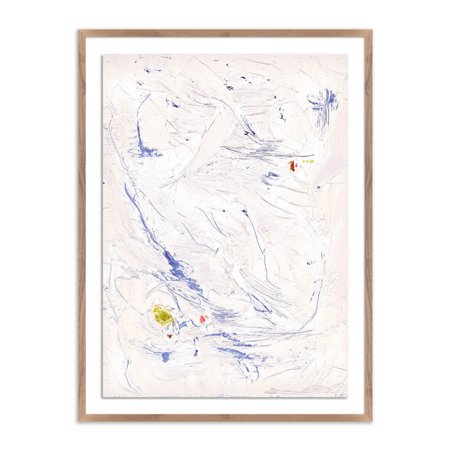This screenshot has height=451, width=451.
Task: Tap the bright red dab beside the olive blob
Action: tap(203, 318)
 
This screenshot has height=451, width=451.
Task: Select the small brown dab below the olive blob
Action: tap(169, 336)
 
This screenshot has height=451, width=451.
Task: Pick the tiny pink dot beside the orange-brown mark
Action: tap(297, 165)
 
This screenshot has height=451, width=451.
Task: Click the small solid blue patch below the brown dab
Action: tap(166, 356)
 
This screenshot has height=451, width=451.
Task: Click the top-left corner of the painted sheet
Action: tap(103, 54)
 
